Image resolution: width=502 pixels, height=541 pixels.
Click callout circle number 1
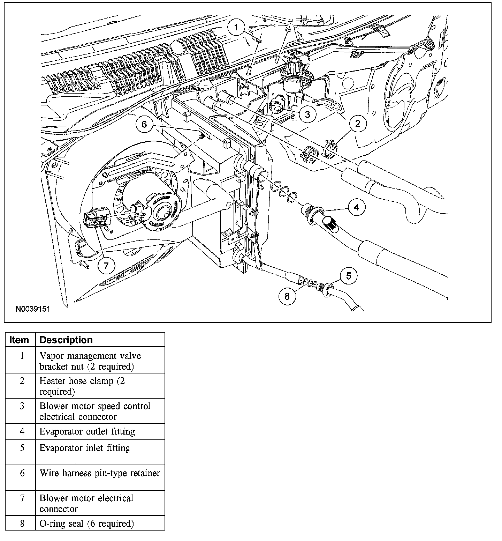coord(237,27)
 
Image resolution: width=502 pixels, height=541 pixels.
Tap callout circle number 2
coord(358,123)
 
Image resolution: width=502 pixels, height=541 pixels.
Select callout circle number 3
coord(307,114)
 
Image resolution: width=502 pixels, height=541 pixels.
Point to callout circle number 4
coord(356,207)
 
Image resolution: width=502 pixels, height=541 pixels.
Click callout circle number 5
coord(348,276)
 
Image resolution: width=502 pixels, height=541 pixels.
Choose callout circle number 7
coord(106,266)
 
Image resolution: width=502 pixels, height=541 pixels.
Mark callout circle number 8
coord(287,296)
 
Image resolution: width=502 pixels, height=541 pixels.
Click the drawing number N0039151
coord(33,309)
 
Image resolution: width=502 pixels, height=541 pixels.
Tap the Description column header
coord(66,340)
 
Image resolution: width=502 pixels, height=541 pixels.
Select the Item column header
coord(20,340)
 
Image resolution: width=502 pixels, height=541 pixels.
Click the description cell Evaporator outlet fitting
coord(87,432)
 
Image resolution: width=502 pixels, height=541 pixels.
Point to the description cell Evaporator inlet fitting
coord(85,448)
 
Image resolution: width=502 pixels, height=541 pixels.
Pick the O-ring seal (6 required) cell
coord(86,524)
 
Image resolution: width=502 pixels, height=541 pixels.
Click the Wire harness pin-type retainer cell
coord(100,473)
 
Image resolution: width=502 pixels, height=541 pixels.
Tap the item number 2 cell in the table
coord(22,381)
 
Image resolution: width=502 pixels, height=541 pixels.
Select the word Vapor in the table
coord(50,356)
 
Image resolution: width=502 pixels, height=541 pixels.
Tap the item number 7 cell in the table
coord(22,498)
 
